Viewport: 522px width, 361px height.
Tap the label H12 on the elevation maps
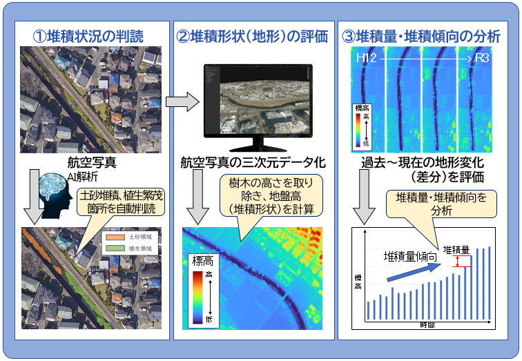[367, 60]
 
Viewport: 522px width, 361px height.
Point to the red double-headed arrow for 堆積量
[458, 262]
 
